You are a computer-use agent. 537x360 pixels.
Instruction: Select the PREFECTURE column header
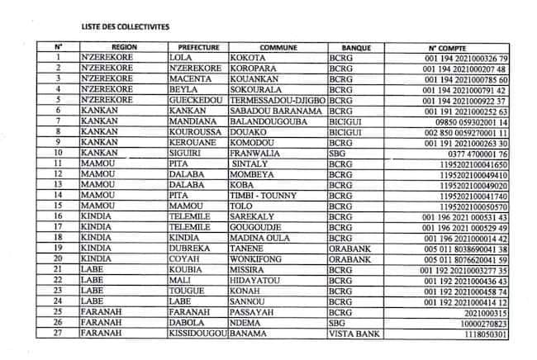coord(198,48)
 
